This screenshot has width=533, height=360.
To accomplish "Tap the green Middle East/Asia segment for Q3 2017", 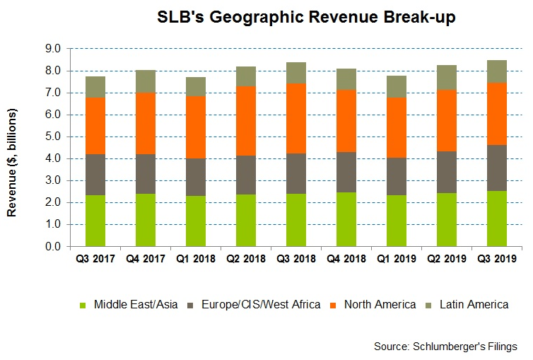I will (x=95, y=221).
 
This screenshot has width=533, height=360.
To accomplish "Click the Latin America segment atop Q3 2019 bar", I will (x=497, y=71).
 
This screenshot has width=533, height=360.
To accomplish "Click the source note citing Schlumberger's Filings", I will (x=445, y=346).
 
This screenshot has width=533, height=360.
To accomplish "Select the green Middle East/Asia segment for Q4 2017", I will (x=145, y=220).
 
